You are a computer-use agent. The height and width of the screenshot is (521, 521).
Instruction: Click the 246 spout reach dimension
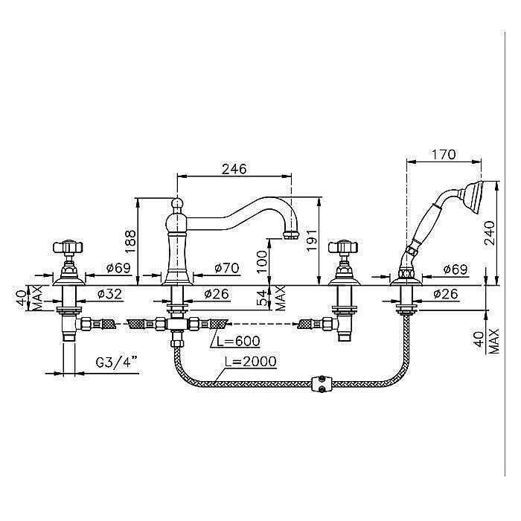[x=234, y=168]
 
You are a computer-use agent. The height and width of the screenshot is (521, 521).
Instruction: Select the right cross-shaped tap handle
[x=345, y=249]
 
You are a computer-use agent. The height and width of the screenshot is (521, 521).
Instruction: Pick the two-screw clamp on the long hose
[x=321, y=383]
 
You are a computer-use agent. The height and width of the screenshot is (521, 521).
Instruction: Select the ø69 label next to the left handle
[x=118, y=267]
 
